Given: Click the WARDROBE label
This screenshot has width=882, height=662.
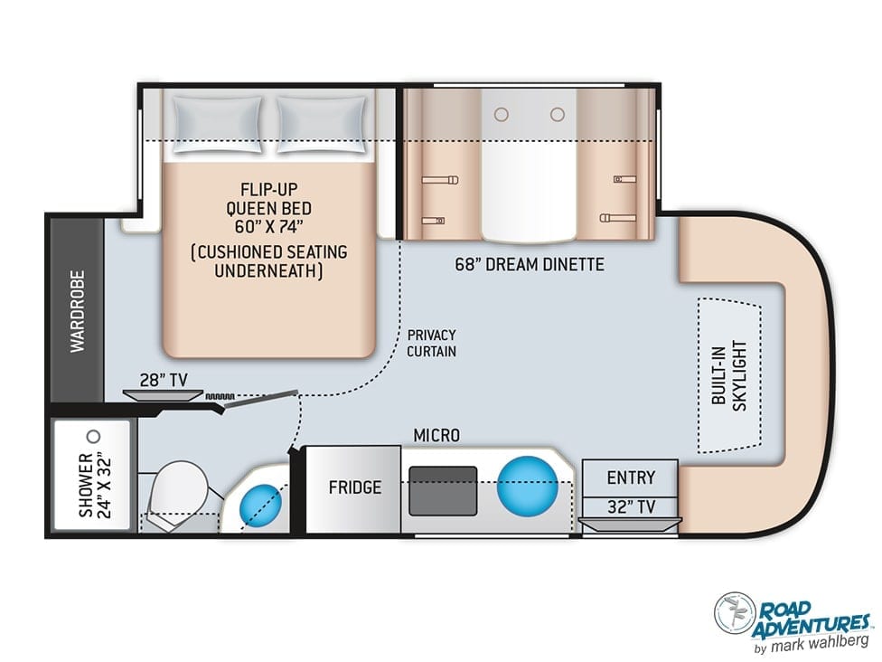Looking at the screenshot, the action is click(77, 311).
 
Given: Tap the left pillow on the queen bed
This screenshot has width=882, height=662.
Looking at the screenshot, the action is click(218, 125).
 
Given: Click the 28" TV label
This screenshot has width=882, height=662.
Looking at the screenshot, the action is click(164, 381).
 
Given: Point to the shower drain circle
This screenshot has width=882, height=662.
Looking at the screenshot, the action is click(95, 436).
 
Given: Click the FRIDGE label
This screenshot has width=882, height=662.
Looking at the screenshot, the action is click(355, 487).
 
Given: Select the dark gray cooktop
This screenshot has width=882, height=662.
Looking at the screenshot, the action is click(443, 490).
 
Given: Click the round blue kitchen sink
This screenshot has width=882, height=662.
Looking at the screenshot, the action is click(527, 485).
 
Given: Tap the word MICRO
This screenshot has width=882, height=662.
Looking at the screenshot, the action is click(436, 435).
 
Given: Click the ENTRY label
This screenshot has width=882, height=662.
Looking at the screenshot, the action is click(631, 478).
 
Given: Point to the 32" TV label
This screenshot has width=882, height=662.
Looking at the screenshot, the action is click(631, 507).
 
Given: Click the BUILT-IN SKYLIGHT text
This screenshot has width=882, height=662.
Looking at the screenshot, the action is click(729, 375).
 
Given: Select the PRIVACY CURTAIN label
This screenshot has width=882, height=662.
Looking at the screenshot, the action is click(431, 343).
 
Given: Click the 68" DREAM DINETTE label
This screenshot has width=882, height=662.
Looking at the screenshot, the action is click(530, 265).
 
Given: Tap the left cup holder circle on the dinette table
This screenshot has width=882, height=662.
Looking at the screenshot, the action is click(502, 115).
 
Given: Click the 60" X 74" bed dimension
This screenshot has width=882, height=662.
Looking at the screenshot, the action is click(269, 227).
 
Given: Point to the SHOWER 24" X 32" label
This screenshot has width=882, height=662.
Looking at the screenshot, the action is click(95, 485).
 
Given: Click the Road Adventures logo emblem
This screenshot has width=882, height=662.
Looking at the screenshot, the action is click(735, 612).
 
